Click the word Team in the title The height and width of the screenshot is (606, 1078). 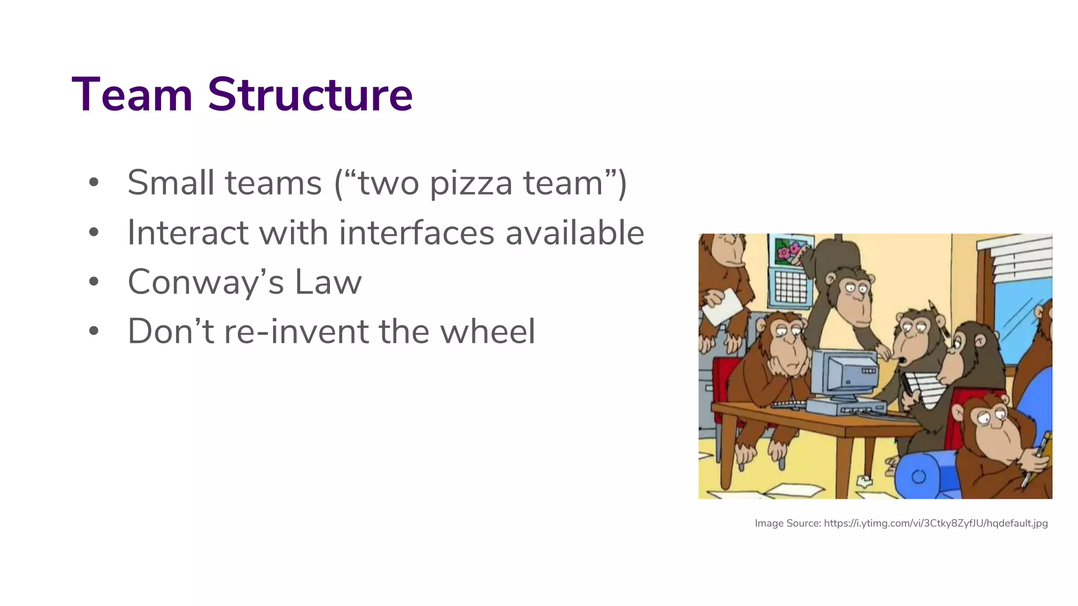pyautogui.click(x=132, y=95)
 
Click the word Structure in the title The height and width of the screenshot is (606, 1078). pyautogui.click(x=310, y=95)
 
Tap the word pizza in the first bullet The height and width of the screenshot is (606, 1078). pyautogui.click(x=471, y=184)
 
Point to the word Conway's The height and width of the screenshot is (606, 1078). pyautogui.click(x=206, y=282)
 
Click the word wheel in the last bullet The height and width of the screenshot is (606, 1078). pyautogui.click(x=487, y=331)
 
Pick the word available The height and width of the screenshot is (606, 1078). pyautogui.click(x=575, y=233)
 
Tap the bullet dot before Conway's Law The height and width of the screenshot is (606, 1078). pyautogui.click(x=94, y=281)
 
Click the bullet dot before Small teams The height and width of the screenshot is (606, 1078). pyautogui.click(x=94, y=183)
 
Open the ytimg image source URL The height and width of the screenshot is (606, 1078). pyautogui.click(x=935, y=523)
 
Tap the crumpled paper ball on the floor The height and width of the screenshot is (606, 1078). pyautogui.click(x=864, y=480)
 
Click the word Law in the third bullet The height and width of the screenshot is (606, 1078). pyautogui.click(x=328, y=282)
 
